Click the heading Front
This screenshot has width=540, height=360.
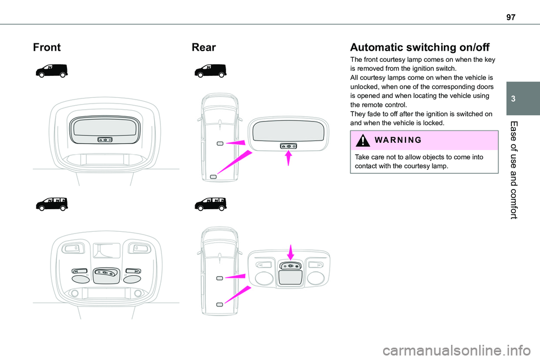tap(47, 47)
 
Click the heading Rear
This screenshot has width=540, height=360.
tap(204, 47)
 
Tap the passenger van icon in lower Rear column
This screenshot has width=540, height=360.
tap(210, 204)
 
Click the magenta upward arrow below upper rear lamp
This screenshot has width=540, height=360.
tap(289, 160)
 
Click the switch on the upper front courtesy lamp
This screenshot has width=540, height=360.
tap(104, 139)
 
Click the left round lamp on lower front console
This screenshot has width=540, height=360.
tap(80, 278)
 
